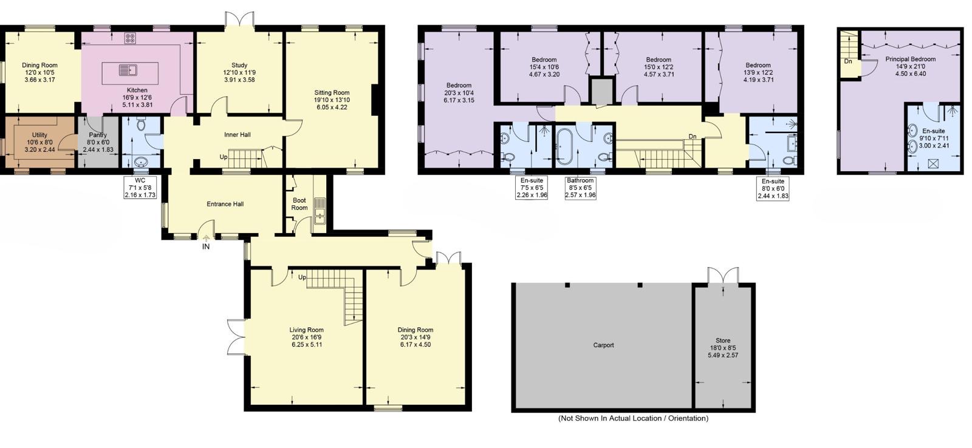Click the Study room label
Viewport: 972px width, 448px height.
coord(239,66)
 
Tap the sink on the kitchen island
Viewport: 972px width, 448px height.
coord(128,70)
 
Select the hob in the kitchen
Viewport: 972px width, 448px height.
coord(130,38)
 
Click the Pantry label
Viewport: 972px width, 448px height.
coord(98,135)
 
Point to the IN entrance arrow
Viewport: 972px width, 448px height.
coord(206,238)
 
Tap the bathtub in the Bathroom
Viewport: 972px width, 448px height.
coord(564,146)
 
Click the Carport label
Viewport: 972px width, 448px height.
coord(604,345)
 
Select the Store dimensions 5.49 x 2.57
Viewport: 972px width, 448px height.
coord(723,355)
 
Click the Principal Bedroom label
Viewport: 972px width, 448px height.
coord(911,59)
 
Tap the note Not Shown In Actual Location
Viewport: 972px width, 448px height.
coord(633,418)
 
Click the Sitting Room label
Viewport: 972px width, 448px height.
coord(332,92)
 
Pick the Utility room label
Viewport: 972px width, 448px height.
coord(39,135)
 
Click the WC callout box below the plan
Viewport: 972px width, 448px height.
coord(140,188)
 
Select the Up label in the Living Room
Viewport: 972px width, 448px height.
coord(303,277)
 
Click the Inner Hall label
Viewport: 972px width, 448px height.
coord(238,134)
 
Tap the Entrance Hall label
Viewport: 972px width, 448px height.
coord(225,204)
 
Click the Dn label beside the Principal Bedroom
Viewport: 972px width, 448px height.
coord(848,61)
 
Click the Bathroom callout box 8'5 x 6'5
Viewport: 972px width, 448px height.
coord(580,188)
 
